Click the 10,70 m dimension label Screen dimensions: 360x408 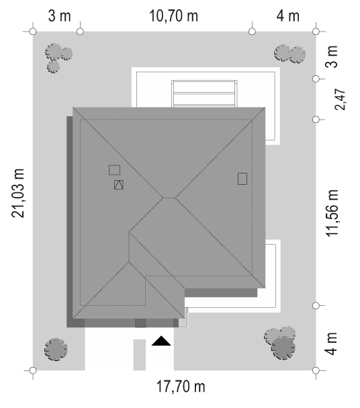point(173,16)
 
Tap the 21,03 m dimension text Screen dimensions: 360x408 point(18,193)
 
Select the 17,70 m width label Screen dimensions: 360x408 point(181,386)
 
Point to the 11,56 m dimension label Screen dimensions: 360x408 point(332,213)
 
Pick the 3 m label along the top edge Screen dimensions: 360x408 point(59,16)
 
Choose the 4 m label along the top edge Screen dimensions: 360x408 point(287,16)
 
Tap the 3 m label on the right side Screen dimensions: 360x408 point(332,56)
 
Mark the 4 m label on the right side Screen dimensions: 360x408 point(332,343)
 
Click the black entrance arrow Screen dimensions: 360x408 point(161,341)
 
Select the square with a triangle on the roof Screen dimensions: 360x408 point(118,185)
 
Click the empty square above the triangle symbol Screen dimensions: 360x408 point(114,170)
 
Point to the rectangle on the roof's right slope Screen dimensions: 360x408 point(242,179)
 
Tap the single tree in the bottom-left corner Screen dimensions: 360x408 point(56,350)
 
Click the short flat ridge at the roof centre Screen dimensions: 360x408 point(169,198)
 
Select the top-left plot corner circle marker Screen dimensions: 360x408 point(33,32)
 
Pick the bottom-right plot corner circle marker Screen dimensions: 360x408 point(316,370)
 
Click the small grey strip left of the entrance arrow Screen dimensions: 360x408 point(140,355)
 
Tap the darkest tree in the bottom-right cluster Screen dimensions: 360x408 point(283,348)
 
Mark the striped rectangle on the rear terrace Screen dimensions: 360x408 point(204,93)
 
